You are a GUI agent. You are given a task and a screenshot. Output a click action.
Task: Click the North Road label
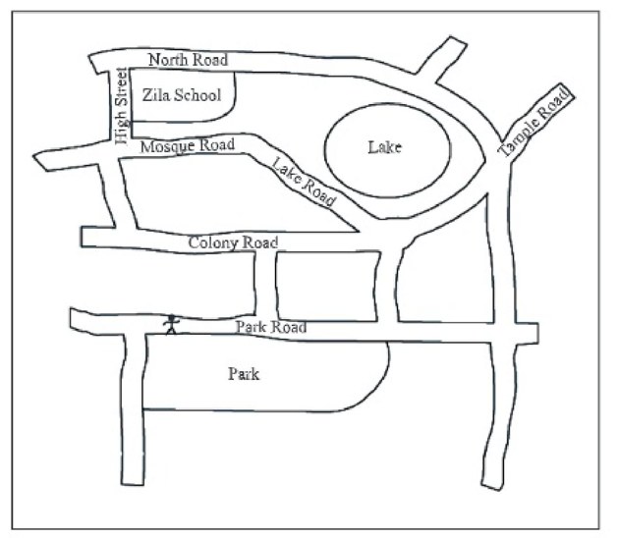click(189, 61)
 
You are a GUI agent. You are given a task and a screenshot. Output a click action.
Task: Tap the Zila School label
click(182, 95)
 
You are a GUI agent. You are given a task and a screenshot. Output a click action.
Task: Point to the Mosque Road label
click(188, 146)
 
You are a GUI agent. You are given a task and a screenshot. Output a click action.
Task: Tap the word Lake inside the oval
click(386, 148)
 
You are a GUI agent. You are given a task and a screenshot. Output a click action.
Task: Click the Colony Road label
click(233, 242)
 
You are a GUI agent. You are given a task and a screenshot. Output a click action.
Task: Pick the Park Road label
click(271, 327)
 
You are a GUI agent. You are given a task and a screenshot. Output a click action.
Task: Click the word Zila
click(157, 95)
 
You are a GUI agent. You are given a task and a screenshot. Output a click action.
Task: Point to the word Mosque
click(166, 147)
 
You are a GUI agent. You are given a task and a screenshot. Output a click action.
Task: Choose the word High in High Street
click(123, 130)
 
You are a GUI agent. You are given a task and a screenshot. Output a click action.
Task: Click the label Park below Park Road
click(245, 374)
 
